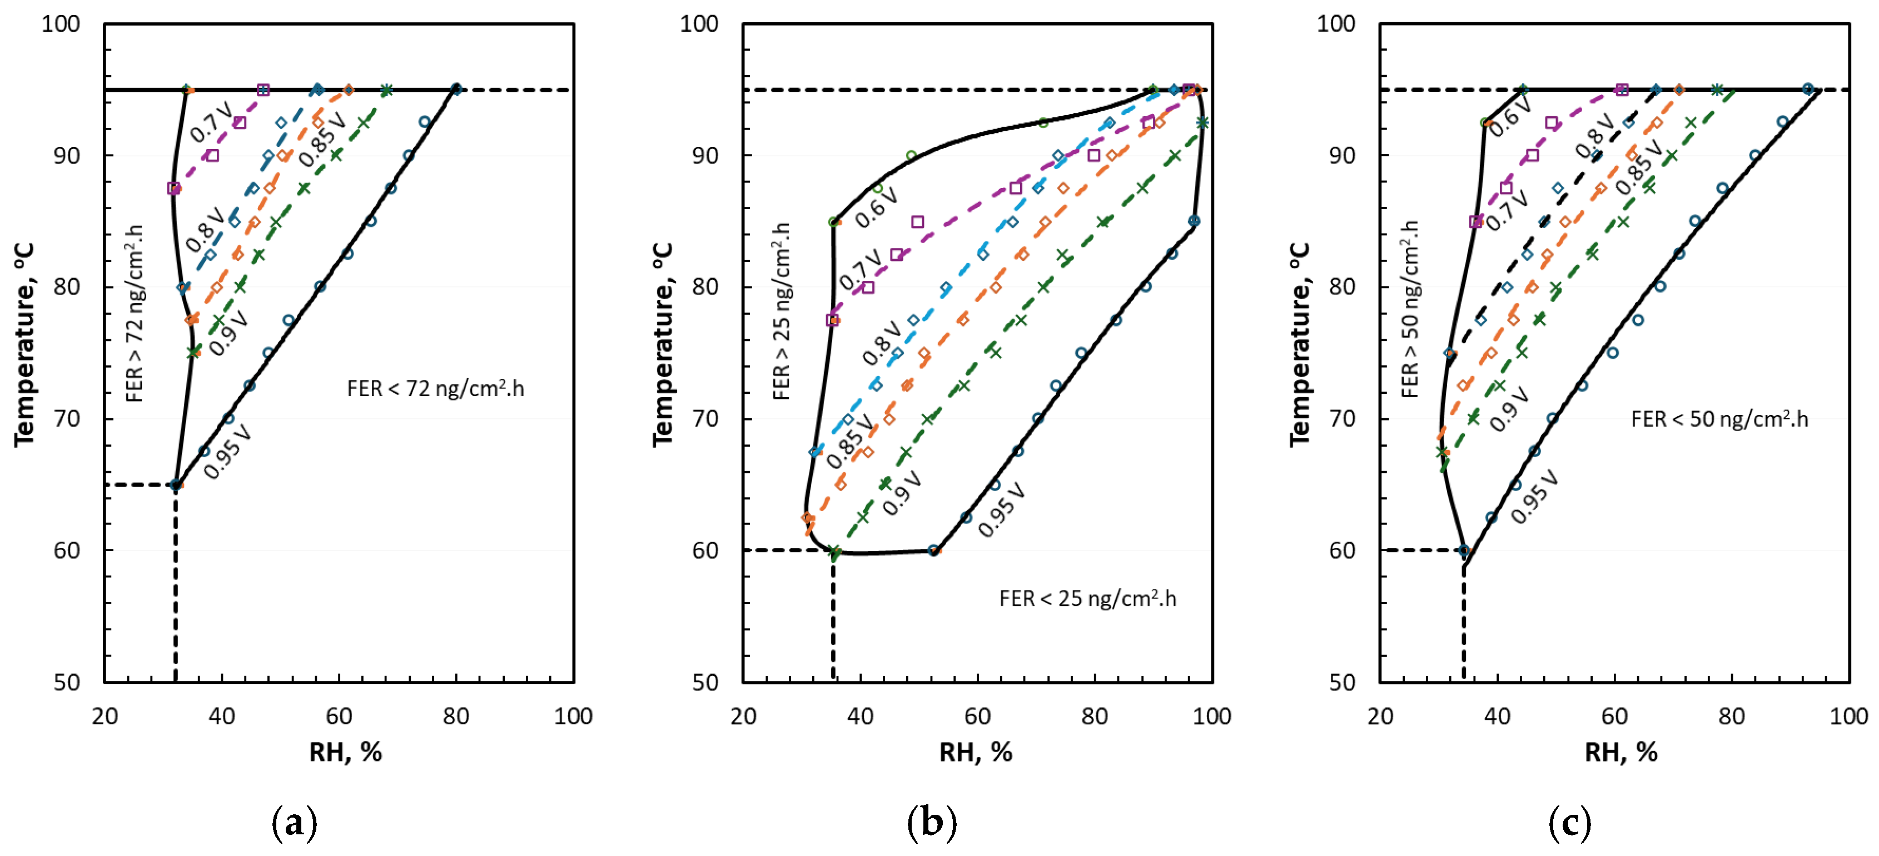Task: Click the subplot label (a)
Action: [x=294, y=823]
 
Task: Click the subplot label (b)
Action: [x=932, y=823]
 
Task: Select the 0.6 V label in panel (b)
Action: [x=876, y=206]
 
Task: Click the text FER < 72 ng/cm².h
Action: [x=435, y=388]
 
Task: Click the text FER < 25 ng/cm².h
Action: [x=1087, y=598]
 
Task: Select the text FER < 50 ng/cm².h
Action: [x=1719, y=419]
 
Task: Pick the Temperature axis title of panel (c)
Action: [x=1299, y=344]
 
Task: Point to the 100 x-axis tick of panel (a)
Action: [x=573, y=716]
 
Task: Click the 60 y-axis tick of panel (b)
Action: [x=705, y=550]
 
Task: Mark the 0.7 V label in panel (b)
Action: [x=860, y=270]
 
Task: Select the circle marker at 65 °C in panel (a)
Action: [x=175, y=484]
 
